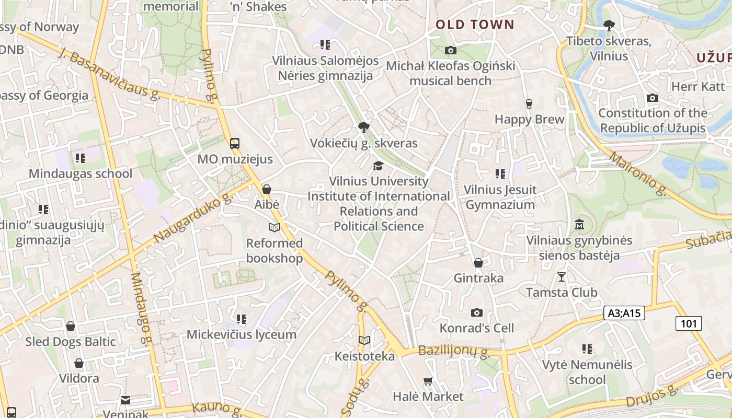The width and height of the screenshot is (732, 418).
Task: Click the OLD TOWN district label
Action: (475, 25)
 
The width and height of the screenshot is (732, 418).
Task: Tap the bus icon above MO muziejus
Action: (235, 143)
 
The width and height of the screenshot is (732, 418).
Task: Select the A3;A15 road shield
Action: (624, 313)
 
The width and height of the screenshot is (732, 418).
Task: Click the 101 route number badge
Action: (688, 323)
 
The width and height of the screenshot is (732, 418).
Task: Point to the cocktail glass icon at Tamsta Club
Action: (562, 276)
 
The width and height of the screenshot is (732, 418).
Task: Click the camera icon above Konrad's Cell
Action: (476, 312)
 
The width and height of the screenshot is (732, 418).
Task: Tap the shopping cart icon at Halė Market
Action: (428, 381)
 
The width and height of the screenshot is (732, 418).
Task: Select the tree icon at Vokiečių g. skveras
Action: (363, 127)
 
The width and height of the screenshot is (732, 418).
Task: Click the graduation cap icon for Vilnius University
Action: (378, 166)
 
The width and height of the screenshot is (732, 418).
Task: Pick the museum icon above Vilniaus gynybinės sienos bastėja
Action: (579, 225)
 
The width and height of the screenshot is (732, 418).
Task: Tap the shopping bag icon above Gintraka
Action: (478, 262)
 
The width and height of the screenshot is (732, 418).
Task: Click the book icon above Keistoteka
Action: (364, 341)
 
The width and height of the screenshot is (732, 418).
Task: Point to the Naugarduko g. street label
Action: (193, 218)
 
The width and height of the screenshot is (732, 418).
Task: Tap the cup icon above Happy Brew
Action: (529, 103)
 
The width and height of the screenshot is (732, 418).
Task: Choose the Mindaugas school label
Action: (81, 173)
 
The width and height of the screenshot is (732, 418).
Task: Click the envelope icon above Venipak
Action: (125, 400)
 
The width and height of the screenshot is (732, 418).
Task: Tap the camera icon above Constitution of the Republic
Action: (652, 98)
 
